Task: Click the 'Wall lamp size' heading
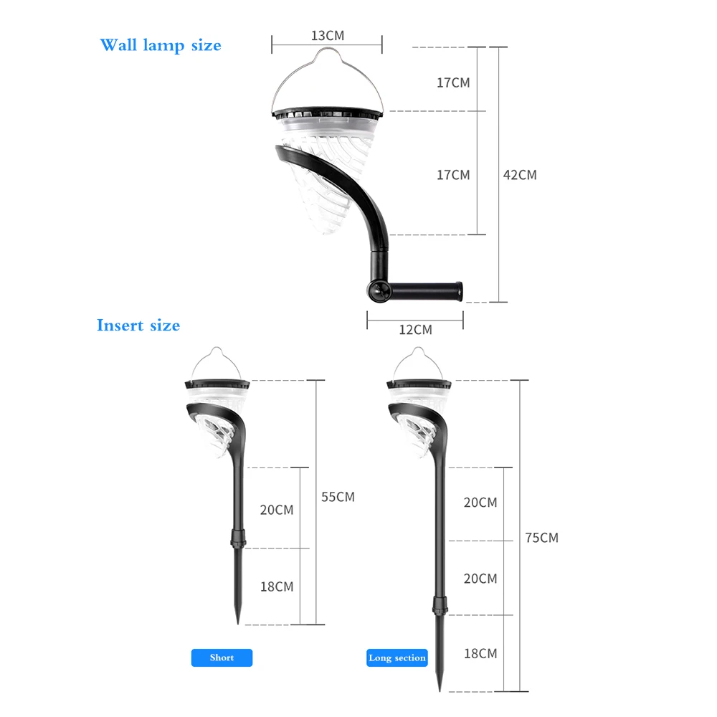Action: pyautogui.click(x=161, y=45)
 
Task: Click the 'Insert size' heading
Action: pyautogui.click(x=138, y=326)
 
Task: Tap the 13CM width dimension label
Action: pyautogui.click(x=328, y=35)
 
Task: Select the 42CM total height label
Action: pyautogui.click(x=520, y=174)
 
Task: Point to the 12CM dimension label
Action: pyautogui.click(x=416, y=330)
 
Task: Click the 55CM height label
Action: pyautogui.click(x=338, y=497)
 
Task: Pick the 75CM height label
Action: pyautogui.click(x=541, y=538)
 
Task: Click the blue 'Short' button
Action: pyautogui.click(x=222, y=657)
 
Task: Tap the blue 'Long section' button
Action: pyautogui.click(x=397, y=657)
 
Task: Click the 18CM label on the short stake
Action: pyautogui.click(x=277, y=587)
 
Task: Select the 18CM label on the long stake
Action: pyautogui.click(x=480, y=653)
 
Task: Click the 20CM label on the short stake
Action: pyautogui.click(x=277, y=510)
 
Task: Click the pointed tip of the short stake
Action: pyautogui.click(x=237, y=620)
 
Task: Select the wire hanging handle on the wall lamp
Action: pyautogui.click(x=328, y=65)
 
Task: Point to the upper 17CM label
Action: pyautogui.click(x=453, y=82)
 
